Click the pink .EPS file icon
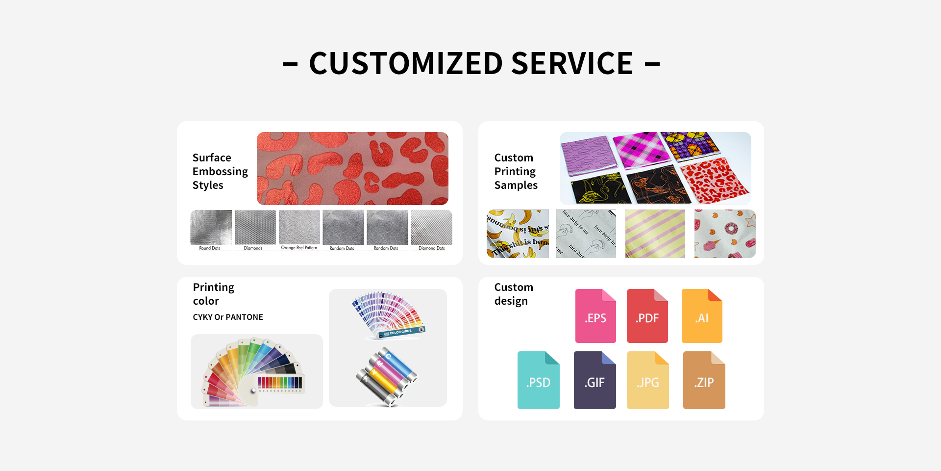595,316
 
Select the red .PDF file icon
647,316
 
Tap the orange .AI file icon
702,316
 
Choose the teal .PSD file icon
538,380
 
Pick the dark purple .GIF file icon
594,380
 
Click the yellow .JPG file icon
647,380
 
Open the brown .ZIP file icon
704,380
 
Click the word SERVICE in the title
572,63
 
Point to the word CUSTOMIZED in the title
406,63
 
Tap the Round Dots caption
209,248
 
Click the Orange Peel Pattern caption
299,248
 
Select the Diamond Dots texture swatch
431,227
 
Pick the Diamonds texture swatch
255,227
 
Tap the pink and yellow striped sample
655,234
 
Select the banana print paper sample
518,234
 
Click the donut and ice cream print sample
725,234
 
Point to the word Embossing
220,171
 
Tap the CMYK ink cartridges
387,377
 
